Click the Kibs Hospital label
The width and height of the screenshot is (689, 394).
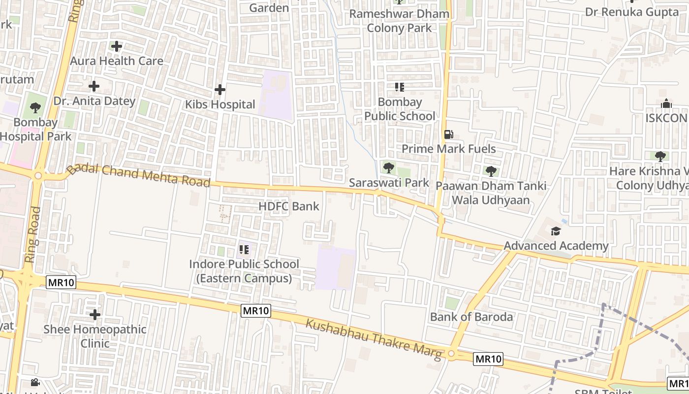point(220,104)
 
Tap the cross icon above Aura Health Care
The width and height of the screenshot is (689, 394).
point(117,47)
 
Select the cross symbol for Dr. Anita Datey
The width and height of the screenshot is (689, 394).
point(94,87)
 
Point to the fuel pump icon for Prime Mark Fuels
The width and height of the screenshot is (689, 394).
point(448,134)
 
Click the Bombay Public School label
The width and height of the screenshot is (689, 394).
point(400,109)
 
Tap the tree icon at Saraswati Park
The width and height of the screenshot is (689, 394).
point(388,168)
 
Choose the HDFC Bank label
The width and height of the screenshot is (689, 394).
point(289,206)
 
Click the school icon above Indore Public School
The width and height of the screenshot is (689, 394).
point(244,250)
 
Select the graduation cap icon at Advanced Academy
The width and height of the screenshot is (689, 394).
point(556,231)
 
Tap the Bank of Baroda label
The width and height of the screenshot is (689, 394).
point(471,317)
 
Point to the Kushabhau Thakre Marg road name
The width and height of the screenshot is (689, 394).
point(374,339)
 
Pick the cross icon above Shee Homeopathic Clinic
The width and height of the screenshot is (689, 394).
point(95,314)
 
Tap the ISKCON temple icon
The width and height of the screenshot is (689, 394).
point(666,103)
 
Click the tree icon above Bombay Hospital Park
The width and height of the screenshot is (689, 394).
point(35,107)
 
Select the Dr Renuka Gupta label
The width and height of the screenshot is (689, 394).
point(632,12)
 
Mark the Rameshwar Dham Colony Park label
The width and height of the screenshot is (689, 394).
point(399,21)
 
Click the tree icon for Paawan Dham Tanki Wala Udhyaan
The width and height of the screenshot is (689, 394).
point(491,171)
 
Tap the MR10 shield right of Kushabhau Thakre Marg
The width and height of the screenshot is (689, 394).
point(488,359)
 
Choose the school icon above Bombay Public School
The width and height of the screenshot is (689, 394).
point(399,88)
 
